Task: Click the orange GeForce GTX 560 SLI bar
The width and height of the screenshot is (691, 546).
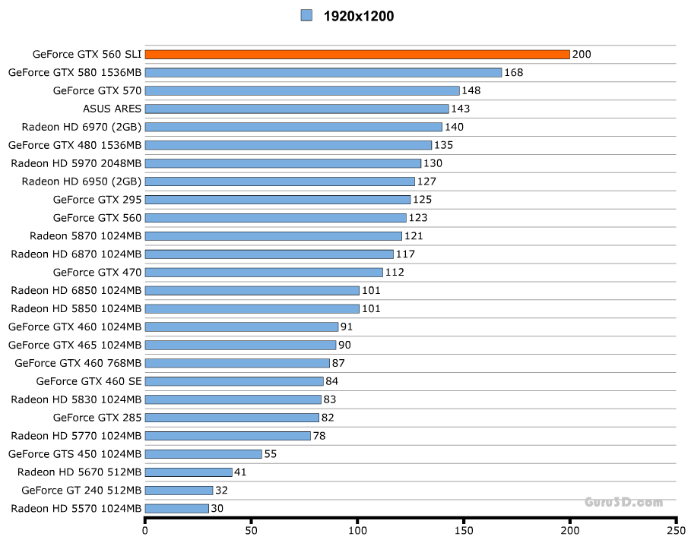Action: tap(357, 54)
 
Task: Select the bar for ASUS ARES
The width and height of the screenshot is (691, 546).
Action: tap(296, 109)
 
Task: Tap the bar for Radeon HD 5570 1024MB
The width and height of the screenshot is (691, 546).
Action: tap(176, 508)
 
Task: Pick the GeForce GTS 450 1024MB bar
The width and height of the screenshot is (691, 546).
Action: tap(203, 453)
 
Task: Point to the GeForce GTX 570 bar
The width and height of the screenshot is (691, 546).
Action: tap(302, 90)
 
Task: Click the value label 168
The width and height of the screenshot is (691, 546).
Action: tap(513, 72)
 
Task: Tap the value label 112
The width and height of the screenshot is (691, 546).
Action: tap(395, 272)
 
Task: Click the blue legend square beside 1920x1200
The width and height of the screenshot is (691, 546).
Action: tap(307, 15)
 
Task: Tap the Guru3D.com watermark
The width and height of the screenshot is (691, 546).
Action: tap(623, 502)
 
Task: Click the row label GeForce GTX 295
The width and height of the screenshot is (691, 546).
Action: tap(97, 199)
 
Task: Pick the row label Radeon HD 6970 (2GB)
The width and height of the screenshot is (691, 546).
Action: tap(81, 127)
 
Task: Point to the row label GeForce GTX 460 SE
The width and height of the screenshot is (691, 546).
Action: tap(89, 380)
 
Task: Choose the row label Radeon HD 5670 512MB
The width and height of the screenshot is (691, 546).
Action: tap(80, 472)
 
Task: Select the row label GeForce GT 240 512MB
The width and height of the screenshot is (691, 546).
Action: tap(81, 490)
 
